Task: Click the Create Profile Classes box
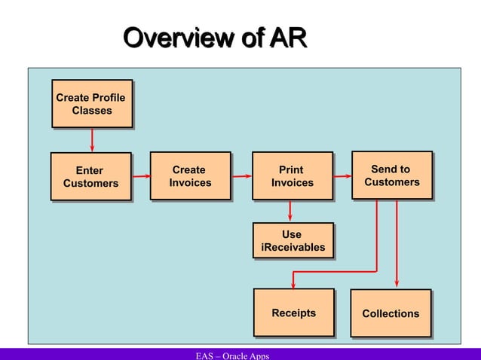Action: click(x=92, y=104)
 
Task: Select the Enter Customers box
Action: click(x=90, y=176)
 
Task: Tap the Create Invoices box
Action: click(x=190, y=176)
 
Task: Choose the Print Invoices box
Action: click(x=292, y=176)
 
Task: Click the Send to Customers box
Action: click(x=392, y=175)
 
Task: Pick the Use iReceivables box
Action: click(x=293, y=241)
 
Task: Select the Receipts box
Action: click(x=293, y=313)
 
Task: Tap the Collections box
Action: click(x=391, y=313)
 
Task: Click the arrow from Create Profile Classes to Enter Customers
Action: click(x=92, y=140)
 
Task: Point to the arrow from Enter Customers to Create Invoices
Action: click(x=140, y=178)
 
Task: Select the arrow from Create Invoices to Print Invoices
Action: click(x=241, y=178)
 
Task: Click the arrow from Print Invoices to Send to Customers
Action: click(x=342, y=178)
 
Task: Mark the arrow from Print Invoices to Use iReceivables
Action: click(x=292, y=211)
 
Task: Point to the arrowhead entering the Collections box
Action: click(x=397, y=284)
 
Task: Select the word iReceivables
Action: click(x=293, y=248)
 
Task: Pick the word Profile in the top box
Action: click(x=108, y=98)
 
